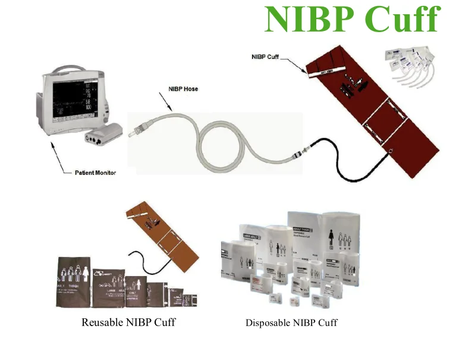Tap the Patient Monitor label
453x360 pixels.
(95, 173)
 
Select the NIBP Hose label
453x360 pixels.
(183, 89)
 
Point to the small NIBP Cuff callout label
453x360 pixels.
(265, 57)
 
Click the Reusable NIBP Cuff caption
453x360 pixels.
(128, 323)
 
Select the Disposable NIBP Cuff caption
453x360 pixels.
(291, 323)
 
